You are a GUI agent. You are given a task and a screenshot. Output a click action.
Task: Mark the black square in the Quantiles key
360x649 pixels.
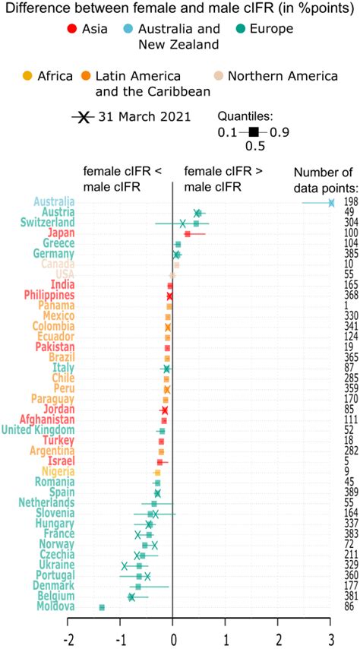[x=253, y=131]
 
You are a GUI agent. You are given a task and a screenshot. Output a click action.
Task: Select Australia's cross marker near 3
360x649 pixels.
[x=331, y=202]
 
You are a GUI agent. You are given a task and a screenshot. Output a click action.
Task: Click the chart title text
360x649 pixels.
[x=157, y=9]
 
